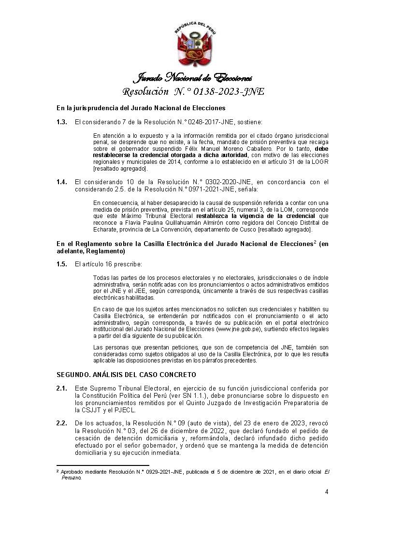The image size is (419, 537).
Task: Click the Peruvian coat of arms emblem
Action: [195, 45]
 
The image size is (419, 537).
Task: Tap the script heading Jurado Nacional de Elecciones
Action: [192, 78]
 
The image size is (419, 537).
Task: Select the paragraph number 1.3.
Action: [61, 123]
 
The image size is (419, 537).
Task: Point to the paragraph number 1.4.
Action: [61, 182]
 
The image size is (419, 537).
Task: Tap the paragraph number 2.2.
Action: [61, 423]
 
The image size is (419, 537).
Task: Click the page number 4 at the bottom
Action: [327, 492]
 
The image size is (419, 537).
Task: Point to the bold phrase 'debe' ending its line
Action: [321, 149]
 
